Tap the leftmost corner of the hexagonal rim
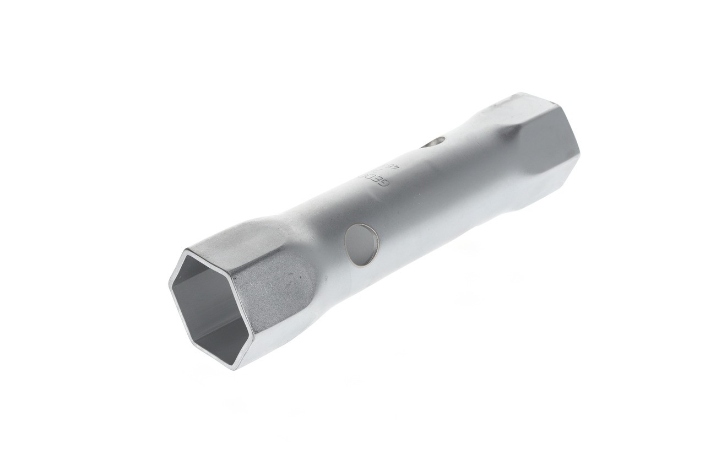[170, 284]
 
